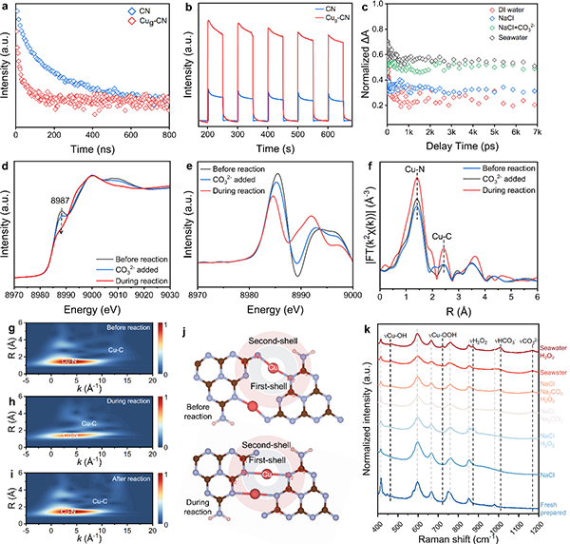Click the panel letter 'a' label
tap(6, 8)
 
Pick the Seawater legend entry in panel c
tap(535, 51)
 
